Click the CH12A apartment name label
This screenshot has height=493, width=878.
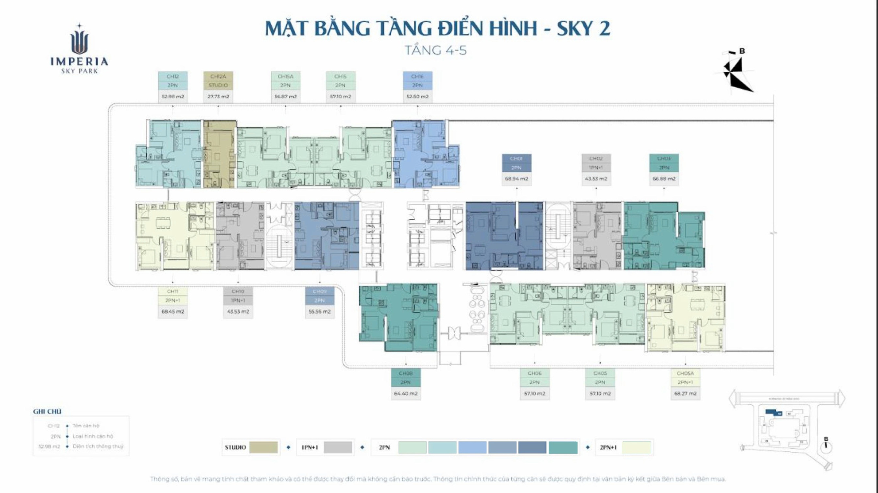pos(218,76)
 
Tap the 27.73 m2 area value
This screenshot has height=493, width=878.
pos(218,97)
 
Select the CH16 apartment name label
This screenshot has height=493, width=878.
pos(417,76)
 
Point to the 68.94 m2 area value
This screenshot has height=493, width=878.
pos(516,179)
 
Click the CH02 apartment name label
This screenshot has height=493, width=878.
pos(596,158)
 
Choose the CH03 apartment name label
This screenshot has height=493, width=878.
pos(663,158)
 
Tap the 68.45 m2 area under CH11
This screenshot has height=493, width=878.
pos(172,311)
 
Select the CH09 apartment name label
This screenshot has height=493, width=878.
pos(319,291)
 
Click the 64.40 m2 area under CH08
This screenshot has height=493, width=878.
pos(406,393)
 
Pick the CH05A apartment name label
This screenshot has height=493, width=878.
pos(685,373)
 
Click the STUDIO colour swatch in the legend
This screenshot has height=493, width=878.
pos(263,447)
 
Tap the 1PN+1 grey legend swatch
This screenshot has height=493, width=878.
pos(337,447)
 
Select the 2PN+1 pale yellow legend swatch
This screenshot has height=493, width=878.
pos(636,447)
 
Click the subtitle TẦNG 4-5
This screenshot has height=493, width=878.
pos(436,51)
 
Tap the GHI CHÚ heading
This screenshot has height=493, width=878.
pos(47,411)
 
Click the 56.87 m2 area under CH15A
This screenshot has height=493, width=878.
pos(285,97)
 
